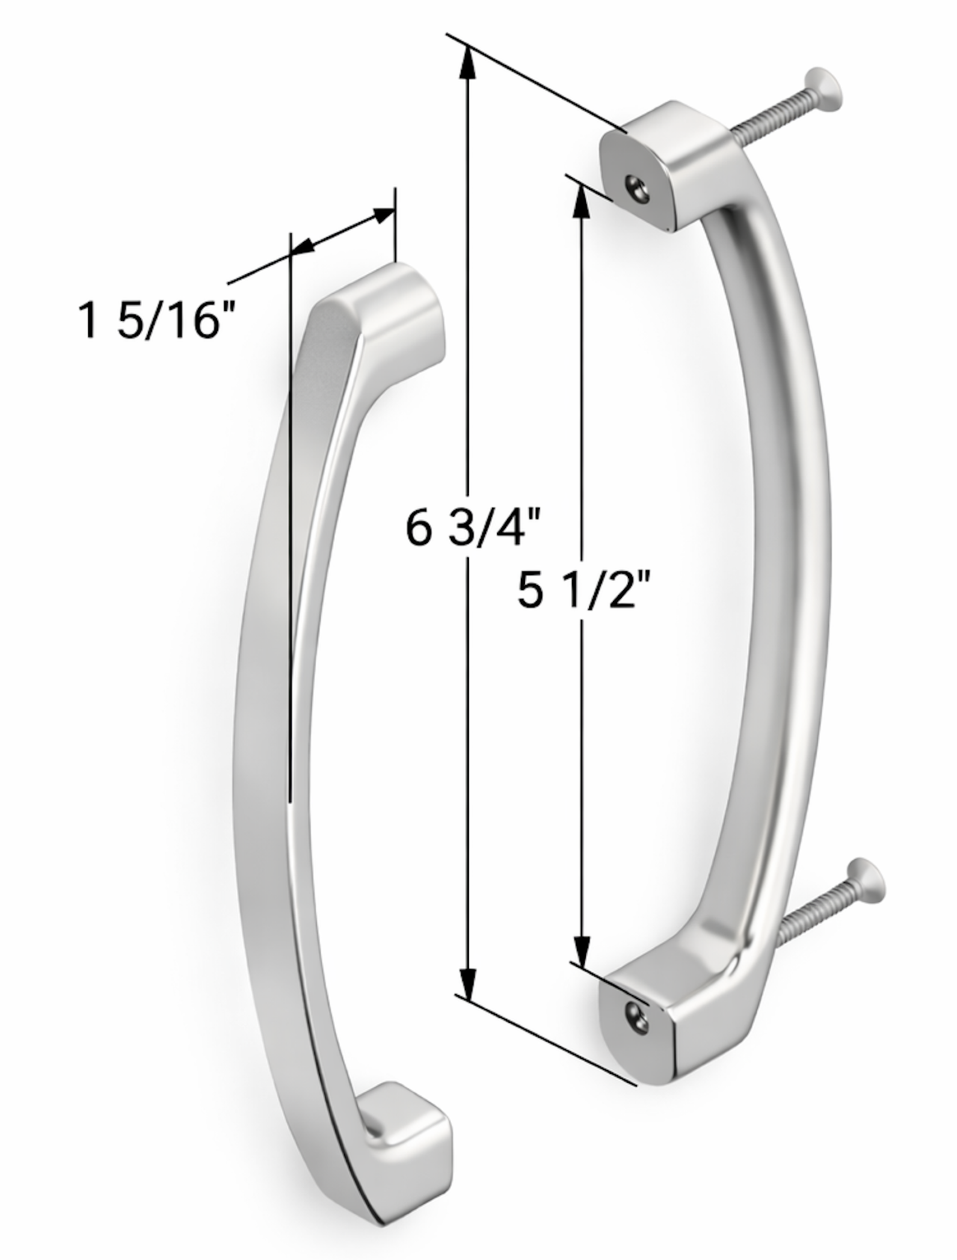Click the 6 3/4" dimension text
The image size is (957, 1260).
[x=472, y=529]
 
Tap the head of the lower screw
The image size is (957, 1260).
[x=866, y=880]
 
